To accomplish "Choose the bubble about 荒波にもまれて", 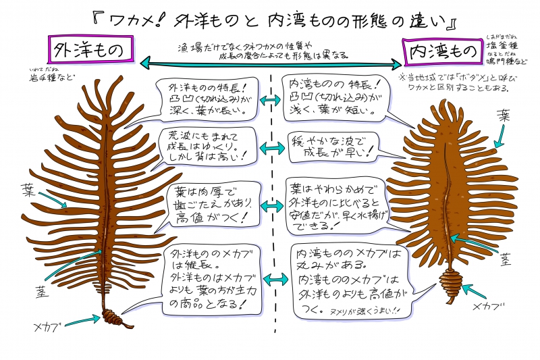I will point(205,147).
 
